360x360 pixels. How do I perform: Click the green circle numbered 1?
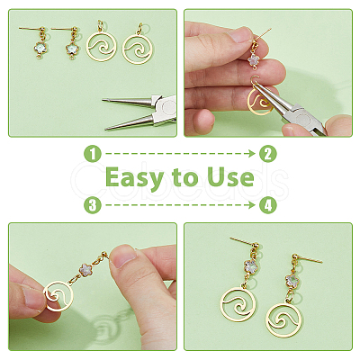pyautogui.click(x=93, y=154)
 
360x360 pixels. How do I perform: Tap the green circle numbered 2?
pyautogui.click(x=268, y=154)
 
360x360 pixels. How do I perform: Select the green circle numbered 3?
pyautogui.click(x=93, y=205)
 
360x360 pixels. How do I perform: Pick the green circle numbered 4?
pyautogui.click(x=268, y=205)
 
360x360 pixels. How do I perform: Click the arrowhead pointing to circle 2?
pyautogui.click(x=253, y=154)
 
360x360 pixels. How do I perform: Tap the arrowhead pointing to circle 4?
pyautogui.click(x=253, y=205)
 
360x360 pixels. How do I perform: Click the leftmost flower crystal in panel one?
pyautogui.click(x=40, y=48)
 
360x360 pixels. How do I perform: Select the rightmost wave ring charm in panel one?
pyautogui.click(x=138, y=48)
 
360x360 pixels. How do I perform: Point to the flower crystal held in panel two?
pyautogui.click(x=254, y=60)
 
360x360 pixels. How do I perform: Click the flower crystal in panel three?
pyautogui.click(x=88, y=271)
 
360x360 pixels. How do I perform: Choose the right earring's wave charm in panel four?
pyautogui.click(x=283, y=319)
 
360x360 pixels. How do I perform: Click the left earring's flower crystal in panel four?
pyautogui.click(x=251, y=265)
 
